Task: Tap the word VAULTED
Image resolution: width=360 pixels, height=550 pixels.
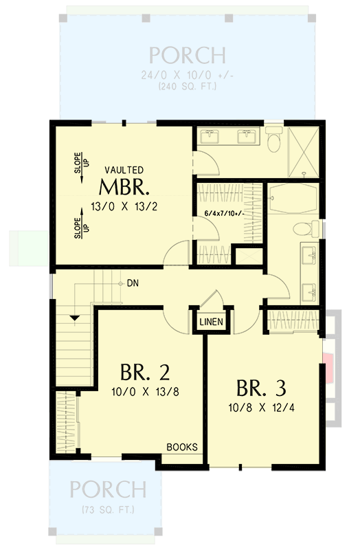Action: click(x=124, y=169)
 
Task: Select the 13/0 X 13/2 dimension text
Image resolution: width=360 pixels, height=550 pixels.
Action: click(x=124, y=205)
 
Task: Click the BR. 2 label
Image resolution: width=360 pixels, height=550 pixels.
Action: click(x=145, y=373)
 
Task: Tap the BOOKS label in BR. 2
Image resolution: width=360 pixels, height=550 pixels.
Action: click(x=182, y=447)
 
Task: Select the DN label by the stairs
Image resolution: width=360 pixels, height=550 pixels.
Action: click(x=133, y=283)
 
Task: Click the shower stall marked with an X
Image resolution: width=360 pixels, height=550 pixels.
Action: click(x=303, y=151)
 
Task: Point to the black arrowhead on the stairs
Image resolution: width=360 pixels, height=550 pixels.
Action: click(x=74, y=316)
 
